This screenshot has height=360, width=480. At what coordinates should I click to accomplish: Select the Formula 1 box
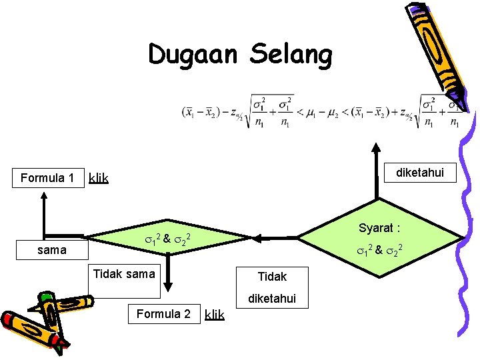click(47, 178)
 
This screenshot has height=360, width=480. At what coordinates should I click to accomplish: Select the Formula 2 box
click(163, 314)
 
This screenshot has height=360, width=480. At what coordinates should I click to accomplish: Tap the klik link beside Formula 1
click(99, 179)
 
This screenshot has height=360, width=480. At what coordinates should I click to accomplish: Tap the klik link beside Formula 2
click(215, 314)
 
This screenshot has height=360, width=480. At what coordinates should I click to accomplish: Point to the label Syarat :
click(379, 228)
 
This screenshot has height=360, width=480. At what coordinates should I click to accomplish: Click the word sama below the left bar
click(52, 250)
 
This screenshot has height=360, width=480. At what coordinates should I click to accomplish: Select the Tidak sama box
click(124, 273)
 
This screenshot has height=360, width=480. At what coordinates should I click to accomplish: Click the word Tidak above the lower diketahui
click(272, 276)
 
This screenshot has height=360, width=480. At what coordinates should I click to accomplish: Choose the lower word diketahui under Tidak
click(272, 299)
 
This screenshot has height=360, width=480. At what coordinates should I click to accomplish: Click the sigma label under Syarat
click(379, 251)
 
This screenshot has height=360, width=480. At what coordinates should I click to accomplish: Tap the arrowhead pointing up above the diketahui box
click(377, 148)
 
